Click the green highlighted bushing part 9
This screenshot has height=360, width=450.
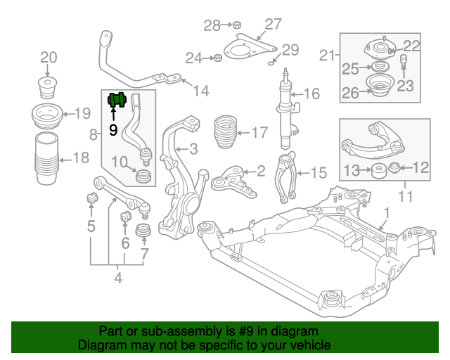[x=115, y=101]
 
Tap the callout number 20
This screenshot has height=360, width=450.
[x=48, y=57]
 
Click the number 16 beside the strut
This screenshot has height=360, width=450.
[x=311, y=94]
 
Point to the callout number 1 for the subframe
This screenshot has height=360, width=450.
[x=385, y=212]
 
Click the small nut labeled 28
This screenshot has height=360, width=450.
[x=237, y=26]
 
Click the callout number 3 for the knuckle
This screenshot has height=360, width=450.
[x=193, y=148]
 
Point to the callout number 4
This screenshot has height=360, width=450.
[x=117, y=278]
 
